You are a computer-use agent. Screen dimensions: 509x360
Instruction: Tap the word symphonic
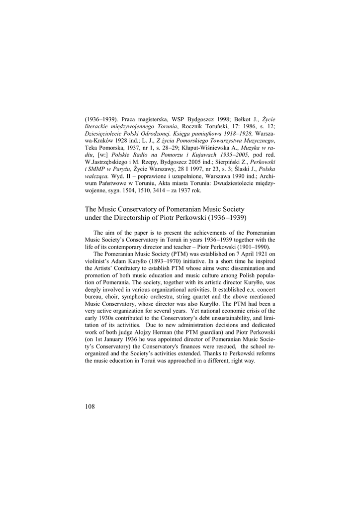point(129,303)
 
